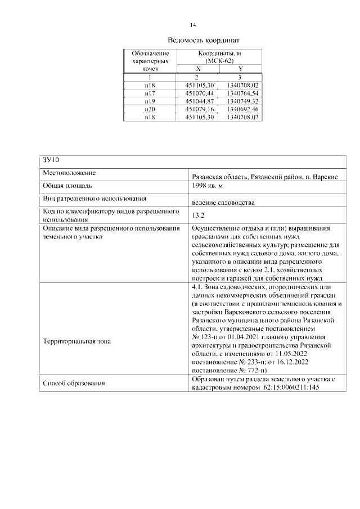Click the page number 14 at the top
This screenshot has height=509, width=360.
tap(193, 25)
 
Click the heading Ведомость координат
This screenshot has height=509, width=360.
tap(204, 40)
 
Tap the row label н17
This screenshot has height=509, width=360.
tap(150, 93)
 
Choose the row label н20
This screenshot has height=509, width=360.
tap(150, 109)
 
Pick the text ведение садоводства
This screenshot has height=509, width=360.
tap(223, 202)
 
